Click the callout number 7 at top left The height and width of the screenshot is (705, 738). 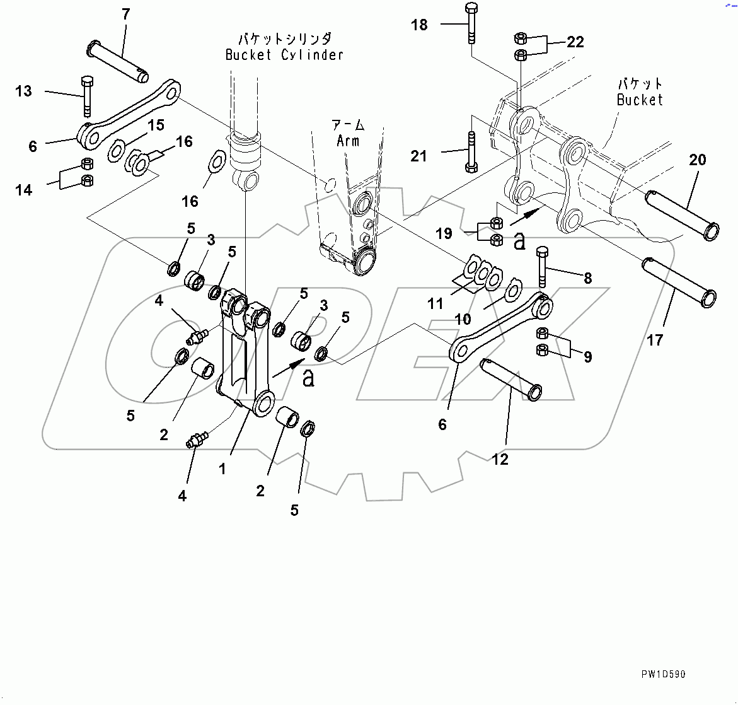(126, 14)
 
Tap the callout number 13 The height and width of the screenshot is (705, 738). (23, 91)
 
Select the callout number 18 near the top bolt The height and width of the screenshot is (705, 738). (419, 25)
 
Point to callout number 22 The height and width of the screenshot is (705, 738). (575, 42)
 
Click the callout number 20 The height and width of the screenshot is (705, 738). (698, 160)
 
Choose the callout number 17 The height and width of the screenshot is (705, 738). (655, 340)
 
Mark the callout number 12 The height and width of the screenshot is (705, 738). (500, 460)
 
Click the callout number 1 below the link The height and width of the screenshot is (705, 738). (222, 469)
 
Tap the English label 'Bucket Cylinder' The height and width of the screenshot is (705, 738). (284, 55)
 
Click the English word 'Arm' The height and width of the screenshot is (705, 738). (348, 141)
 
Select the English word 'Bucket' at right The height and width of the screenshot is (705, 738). (640, 100)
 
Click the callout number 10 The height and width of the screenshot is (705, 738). (463, 319)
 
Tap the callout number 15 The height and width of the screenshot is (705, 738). (156, 125)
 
